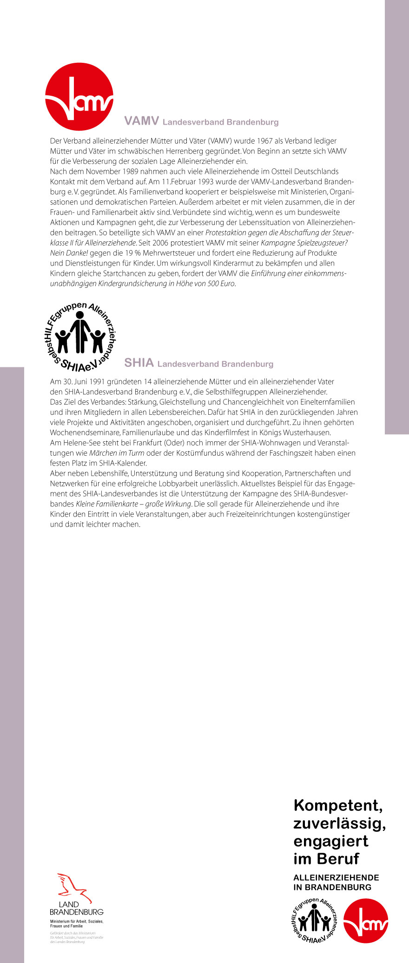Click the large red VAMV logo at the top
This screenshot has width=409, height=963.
(79, 97)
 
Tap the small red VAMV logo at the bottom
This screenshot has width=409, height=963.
(366, 921)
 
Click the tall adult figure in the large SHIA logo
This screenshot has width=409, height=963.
(80, 332)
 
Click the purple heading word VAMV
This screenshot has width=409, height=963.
(142, 121)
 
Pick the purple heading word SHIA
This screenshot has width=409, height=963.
(139, 363)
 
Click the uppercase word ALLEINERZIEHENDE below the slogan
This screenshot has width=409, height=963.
(336, 877)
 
